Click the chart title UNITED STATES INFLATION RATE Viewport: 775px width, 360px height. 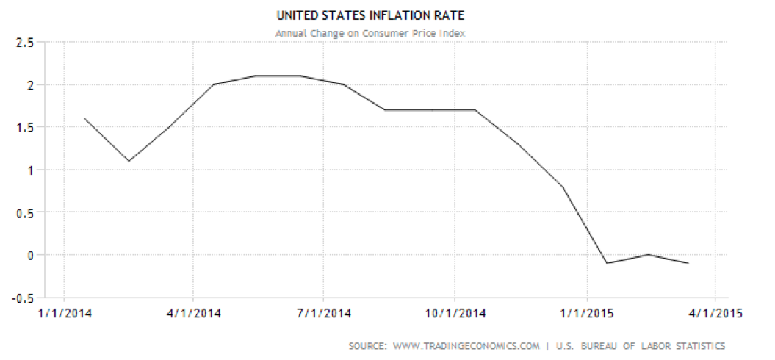[x=370, y=15]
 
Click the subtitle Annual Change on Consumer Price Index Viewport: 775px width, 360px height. [x=370, y=33]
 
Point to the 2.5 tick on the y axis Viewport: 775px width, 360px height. [x=25, y=43]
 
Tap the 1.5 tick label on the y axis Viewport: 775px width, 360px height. [x=25, y=128]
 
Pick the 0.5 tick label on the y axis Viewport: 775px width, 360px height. [x=25, y=212]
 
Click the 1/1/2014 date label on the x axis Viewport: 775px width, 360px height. [x=64, y=314]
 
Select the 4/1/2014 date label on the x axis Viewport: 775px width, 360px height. [x=193, y=314]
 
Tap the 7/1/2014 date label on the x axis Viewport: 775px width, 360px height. [x=323, y=314]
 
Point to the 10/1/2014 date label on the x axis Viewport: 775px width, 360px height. [x=455, y=314]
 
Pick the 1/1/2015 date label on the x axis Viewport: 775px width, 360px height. [x=586, y=314]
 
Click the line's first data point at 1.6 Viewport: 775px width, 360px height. [x=84, y=119]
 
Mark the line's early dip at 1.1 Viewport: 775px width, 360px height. [x=129, y=161]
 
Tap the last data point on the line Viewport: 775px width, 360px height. [x=688, y=263]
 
